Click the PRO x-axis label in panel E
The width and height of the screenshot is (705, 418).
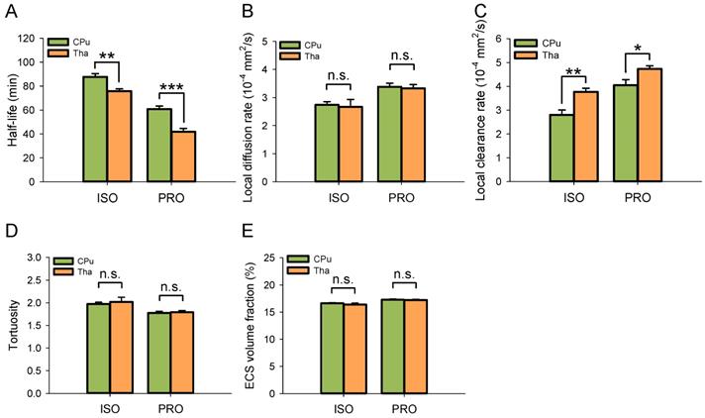[x=402, y=407]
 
